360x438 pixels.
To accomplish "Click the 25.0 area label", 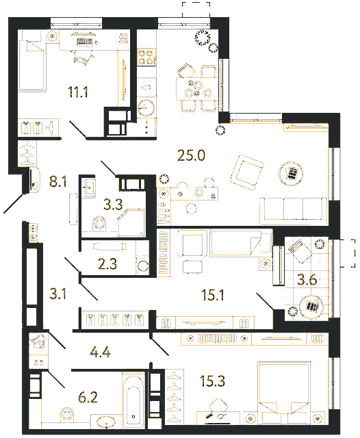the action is pyautogui.click(x=191, y=155).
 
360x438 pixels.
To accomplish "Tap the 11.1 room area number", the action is pyautogui.click(x=78, y=92).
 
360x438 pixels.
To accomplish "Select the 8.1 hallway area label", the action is pyautogui.click(x=57, y=181).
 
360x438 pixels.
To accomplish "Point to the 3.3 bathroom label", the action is pyautogui.click(x=113, y=204).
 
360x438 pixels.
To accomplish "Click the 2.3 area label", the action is pyautogui.click(x=107, y=263).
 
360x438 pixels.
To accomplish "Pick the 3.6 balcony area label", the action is pyautogui.click(x=307, y=280).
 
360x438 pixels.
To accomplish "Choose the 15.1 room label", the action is pyautogui.click(x=213, y=295).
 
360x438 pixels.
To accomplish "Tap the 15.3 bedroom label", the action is pyautogui.click(x=213, y=381).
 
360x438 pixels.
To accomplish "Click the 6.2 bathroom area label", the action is pyautogui.click(x=88, y=398).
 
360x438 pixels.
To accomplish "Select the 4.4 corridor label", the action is pyautogui.click(x=100, y=352).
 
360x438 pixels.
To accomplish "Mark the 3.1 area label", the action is pyautogui.click(x=57, y=294).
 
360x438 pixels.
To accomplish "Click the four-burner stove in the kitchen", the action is pyautogui.click(x=146, y=57).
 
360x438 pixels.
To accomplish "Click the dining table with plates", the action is pyautogui.click(x=196, y=89).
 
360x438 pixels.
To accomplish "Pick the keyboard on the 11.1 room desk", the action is pyautogui.click(x=84, y=42).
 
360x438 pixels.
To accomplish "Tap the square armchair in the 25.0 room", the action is pyautogui.click(x=247, y=172).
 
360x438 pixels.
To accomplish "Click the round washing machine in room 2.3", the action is pyautogui.click(x=143, y=266).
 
